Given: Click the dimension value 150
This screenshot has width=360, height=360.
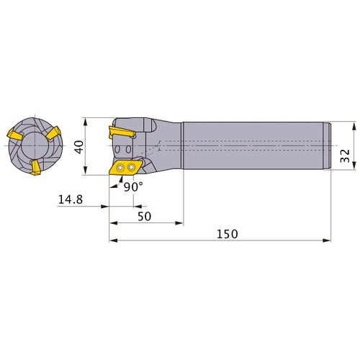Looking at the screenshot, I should (226, 235).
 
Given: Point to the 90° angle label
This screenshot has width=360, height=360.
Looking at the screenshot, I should (133, 186).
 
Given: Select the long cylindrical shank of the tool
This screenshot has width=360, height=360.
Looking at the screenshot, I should (256, 146).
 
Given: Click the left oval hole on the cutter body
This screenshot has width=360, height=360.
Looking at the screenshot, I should (118, 148).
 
